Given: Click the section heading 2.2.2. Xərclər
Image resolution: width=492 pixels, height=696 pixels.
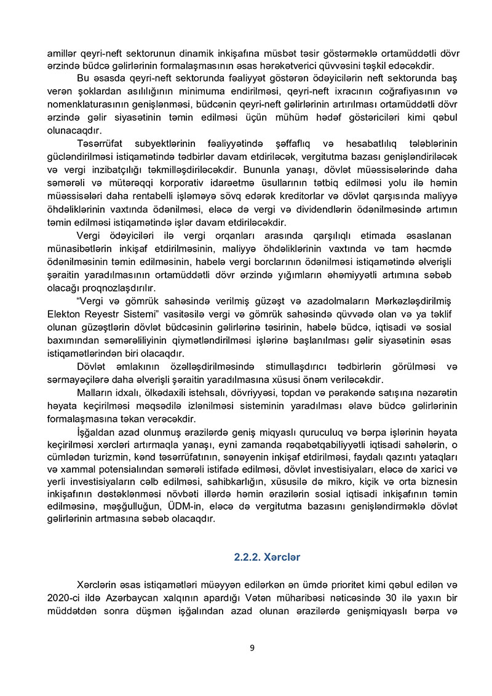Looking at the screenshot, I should coord(267,558).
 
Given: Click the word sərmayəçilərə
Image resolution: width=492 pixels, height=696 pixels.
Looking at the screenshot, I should coord(77,379).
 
